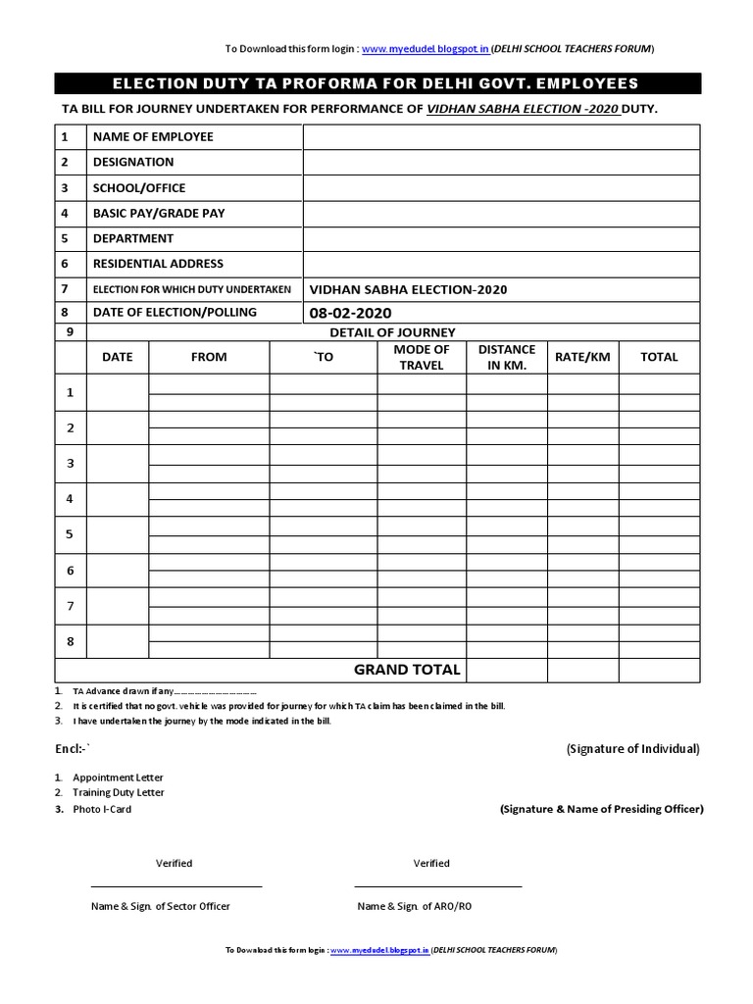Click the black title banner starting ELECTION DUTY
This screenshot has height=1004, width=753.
tap(376, 83)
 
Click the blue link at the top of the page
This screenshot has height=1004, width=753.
tap(426, 48)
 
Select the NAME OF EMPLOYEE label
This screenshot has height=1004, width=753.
tap(153, 136)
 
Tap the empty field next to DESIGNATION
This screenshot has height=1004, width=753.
tap(501, 162)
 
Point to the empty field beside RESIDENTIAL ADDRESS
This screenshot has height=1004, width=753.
tap(501, 264)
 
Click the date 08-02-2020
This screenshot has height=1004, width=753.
tap(350, 313)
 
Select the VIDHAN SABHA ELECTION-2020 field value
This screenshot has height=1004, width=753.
tap(408, 289)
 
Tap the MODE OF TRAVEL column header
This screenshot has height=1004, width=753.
tap(422, 357)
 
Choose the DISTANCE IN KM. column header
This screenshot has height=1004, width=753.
tap(507, 357)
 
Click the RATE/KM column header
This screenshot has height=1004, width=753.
tap(582, 357)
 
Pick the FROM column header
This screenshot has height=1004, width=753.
tap(209, 357)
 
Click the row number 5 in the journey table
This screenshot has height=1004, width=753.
tap(70, 535)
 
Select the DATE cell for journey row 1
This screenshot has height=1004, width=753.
tap(117, 393)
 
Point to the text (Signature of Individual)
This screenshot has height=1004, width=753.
tap(632, 749)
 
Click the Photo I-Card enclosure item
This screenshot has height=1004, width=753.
tap(102, 809)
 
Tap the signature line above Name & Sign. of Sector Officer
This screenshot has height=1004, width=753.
tap(176, 886)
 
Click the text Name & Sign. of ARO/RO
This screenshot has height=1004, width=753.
tap(414, 906)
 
